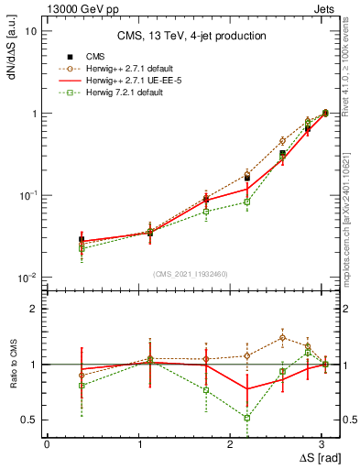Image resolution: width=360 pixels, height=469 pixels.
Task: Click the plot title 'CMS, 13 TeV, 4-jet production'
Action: point(191,36)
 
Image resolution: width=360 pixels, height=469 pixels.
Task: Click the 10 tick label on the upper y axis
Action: point(30,31)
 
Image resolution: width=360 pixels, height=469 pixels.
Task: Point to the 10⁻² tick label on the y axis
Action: point(28,278)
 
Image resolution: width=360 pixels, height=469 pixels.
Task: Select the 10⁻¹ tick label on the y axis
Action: point(28,195)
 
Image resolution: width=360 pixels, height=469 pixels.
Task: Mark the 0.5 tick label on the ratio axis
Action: point(28,420)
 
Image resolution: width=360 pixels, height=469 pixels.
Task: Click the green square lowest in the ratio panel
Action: point(247,418)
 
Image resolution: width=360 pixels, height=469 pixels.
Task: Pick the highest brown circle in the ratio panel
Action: point(282,337)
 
